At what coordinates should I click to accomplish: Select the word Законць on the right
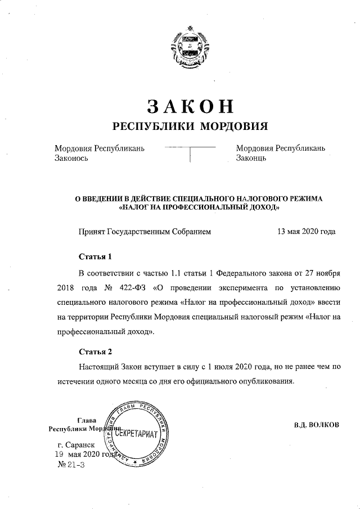point(251,158)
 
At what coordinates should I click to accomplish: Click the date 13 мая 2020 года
point(307,231)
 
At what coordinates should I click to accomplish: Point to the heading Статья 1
point(96,256)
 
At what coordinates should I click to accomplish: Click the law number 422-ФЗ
point(136,288)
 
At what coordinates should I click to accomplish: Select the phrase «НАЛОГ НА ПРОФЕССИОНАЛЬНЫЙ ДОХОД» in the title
point(200,207)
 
